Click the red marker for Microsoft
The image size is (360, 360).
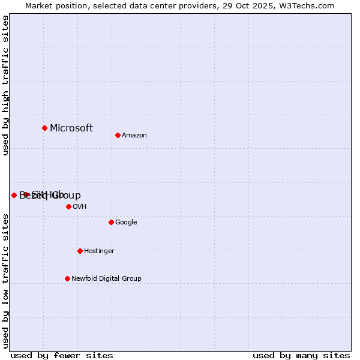tap(44, 128)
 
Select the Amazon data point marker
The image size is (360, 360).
tap(118, 135)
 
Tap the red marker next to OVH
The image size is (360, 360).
tap(68, 206)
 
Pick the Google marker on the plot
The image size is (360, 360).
tap(111, 222)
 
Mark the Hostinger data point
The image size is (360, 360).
tap(80, 251)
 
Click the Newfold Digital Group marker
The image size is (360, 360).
tap(67, 278)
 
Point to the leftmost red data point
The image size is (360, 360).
tap(14, 195)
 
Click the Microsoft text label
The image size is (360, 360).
tap(71, 128)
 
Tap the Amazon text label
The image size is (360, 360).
tap(134, 135)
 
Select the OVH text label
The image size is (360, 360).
tap(80, 206)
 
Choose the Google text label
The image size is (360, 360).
tap(126, 222)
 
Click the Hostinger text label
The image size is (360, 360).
tap(99, 251)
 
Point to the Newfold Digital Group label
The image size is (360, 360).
tap(106, 278)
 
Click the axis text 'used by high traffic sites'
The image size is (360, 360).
tap(5, 85)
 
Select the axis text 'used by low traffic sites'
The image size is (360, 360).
tap(5, 280)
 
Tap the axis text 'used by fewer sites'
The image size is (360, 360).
tap(62, 355)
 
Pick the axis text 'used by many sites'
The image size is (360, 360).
tap(301, 355)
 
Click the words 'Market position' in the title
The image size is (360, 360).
tap(56, 5)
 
